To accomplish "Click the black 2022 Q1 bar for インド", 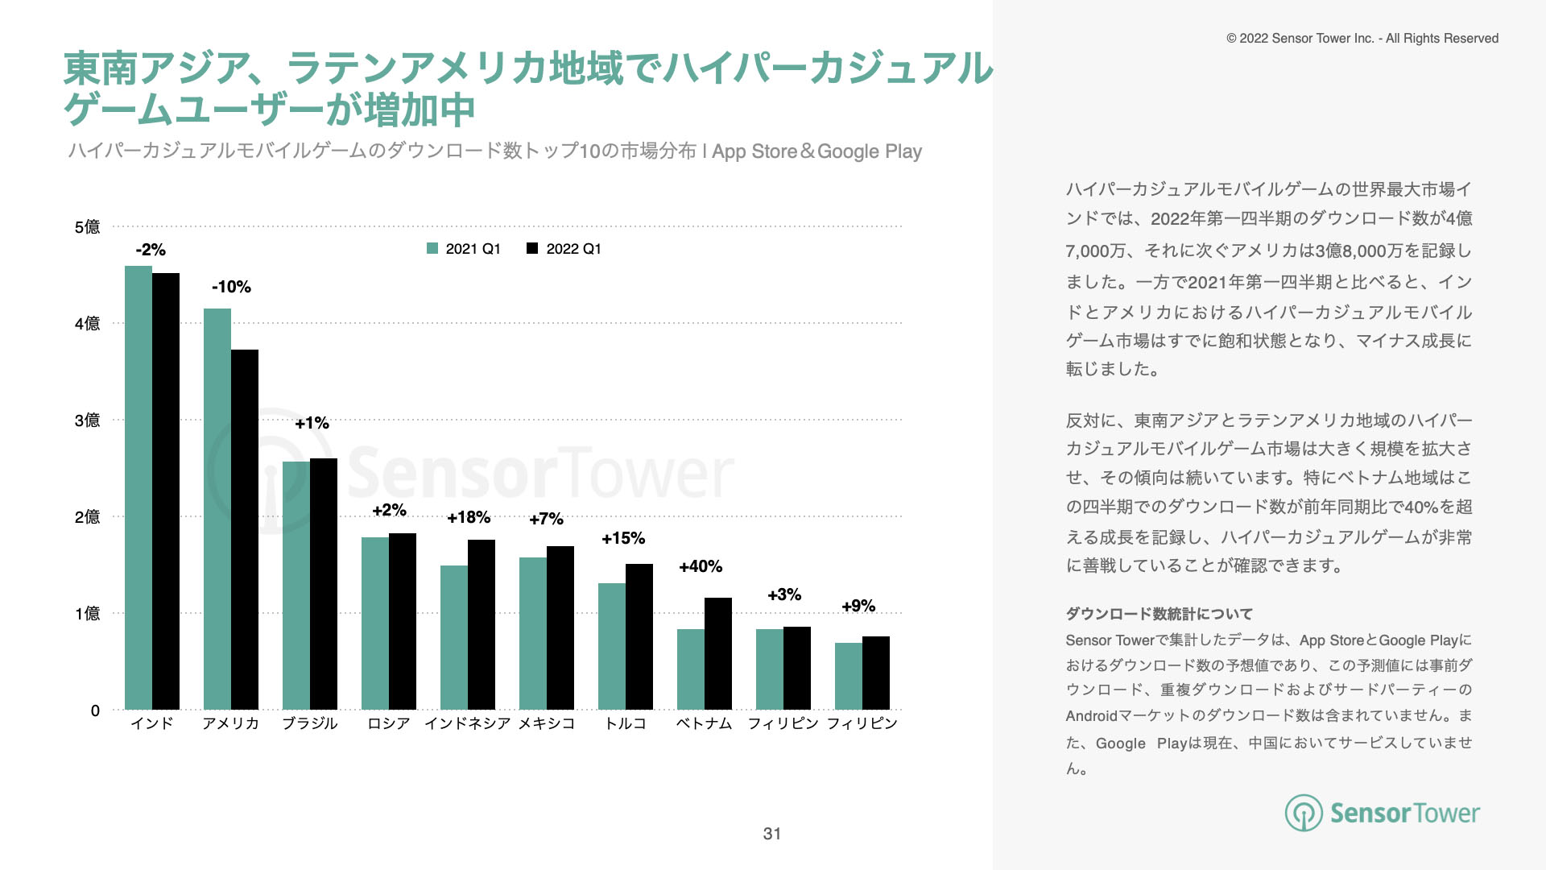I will pos(166,491).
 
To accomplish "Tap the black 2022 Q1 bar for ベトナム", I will pos(718,653).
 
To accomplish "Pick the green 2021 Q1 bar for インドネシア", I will pos(454,637).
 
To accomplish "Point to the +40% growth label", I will pos(701,566).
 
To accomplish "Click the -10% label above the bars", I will pos(231,287).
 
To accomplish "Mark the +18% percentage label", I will pos(469,517).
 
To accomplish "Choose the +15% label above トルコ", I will pos(623,538).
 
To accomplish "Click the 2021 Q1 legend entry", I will pos(464,249).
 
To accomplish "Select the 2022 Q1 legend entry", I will pos(564,249).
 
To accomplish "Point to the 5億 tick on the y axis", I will pos(87,227).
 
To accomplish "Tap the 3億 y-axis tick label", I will pos(87,420).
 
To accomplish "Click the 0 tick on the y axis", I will pos(95,710).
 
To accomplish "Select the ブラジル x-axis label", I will pos(310,723).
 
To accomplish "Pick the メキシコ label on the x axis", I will pos(547,723).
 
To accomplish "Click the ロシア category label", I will pos(389,723).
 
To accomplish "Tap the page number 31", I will pos(772,834).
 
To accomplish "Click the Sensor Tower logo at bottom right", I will pos(1383,813).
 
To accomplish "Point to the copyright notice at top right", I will pos(1362,39).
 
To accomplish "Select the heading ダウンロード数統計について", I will pos(1159,614).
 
